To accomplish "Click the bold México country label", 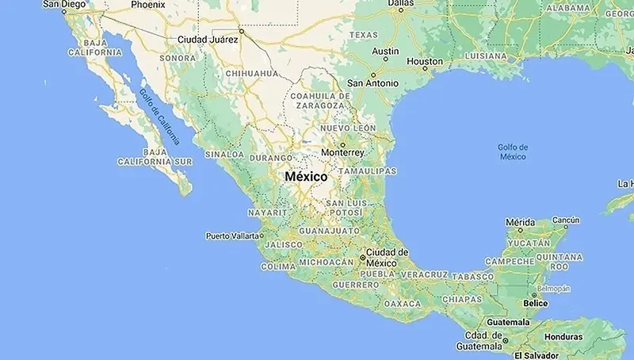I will click(x=306, y=177).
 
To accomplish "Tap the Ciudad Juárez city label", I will click(x=207, y=39).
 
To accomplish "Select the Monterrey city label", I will click(x=343, y=152).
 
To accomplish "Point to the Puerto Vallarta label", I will click(x=232, y=236).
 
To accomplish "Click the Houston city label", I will click(x=424, y=61).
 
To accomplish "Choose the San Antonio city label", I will click(x=372, y=82).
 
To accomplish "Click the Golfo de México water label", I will click(x=513, y=151).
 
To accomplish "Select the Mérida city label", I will click(x=521, y=222).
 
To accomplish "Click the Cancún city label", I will click(x=566, y=220).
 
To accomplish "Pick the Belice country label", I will click(x=537, y=303).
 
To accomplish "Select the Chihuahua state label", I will click(x=252, y=73).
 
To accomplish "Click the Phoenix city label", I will click(x=148, y=4).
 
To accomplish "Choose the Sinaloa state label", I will click(x=225, y=154).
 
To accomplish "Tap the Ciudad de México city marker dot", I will click(x=362, y=258).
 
